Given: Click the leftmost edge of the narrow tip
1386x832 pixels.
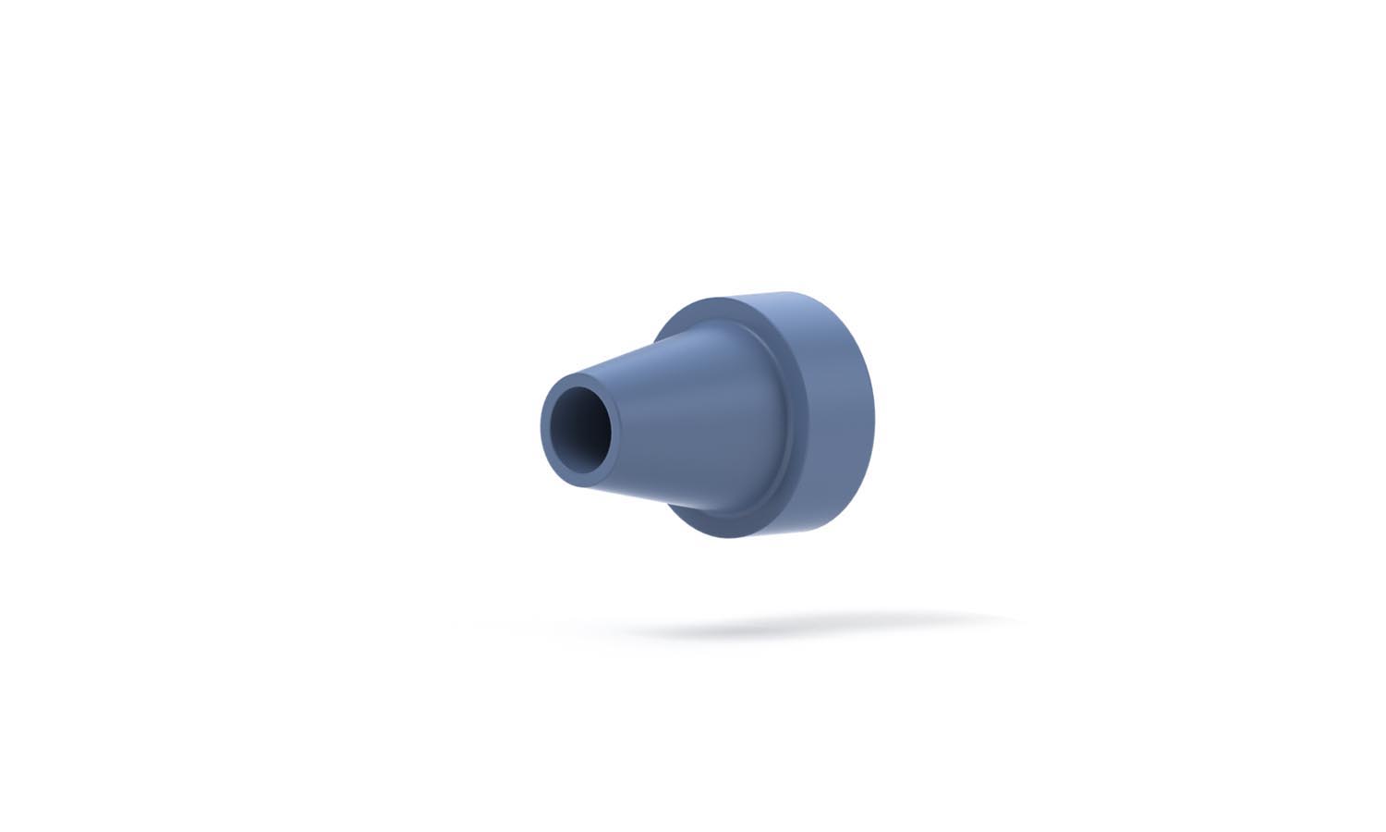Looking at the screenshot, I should point(541,427).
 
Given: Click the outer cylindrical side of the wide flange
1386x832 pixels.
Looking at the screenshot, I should point(832,416).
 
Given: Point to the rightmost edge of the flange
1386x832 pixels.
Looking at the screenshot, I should point(873,416).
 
